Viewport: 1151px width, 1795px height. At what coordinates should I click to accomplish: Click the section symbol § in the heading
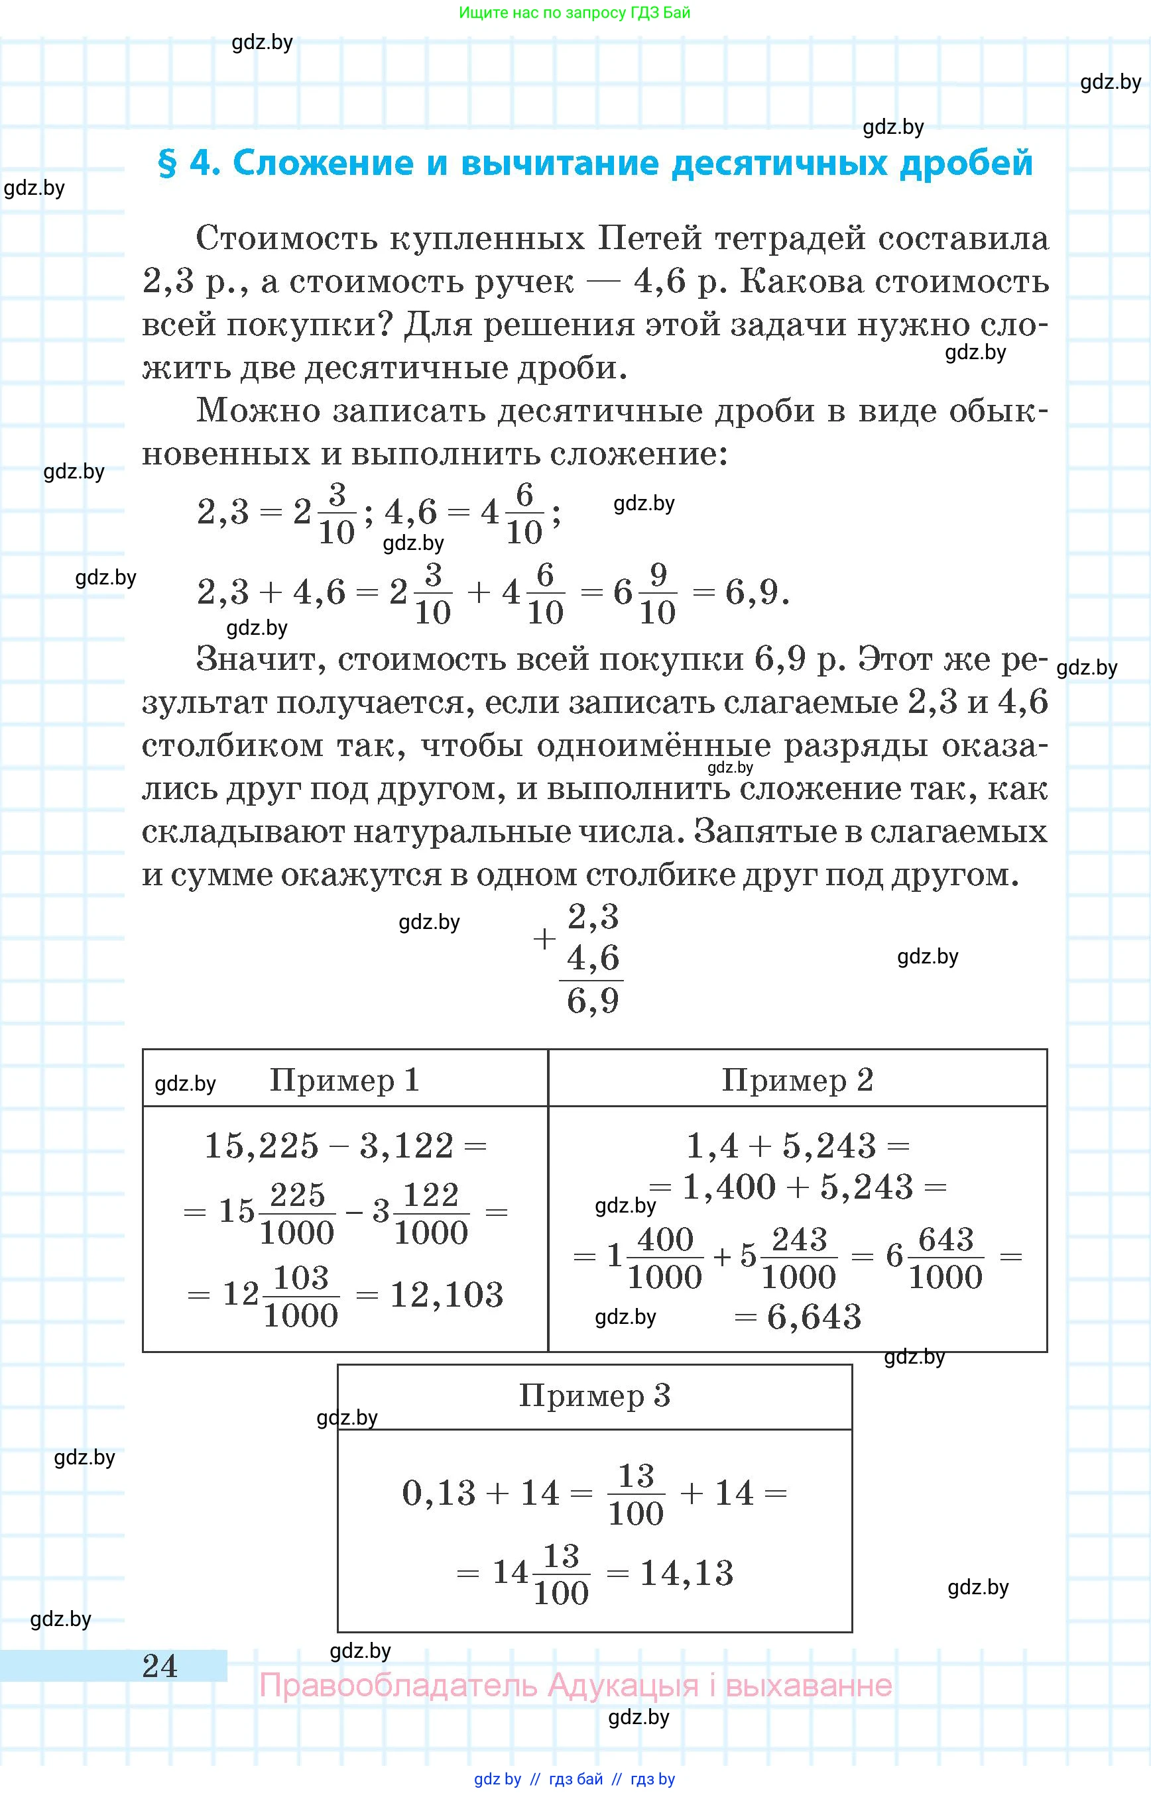pyautogui.click(x=168, y=164)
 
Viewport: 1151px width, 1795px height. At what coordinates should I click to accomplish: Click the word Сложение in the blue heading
pyautogui.click(x=322, y=162)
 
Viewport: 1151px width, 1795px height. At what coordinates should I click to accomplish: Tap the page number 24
pyautogui.click(x=160, y=1665)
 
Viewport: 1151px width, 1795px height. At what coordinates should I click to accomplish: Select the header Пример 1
pyautogui.click(x=344, y=1080)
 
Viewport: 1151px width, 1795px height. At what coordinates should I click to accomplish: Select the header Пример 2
pyautogui.click(x=797, y=1080)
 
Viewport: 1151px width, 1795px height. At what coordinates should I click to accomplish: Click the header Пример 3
pyautogui.click(x=594, y=1395)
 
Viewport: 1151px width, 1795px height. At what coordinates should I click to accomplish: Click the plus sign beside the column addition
pyautogui.click(x=545, y=939)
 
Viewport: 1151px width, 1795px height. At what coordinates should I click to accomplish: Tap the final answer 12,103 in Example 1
pyautogui.click(x=446, y=1295)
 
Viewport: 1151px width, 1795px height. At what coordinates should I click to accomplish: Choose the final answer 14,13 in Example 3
pyautogui.click(x=686, y=1572)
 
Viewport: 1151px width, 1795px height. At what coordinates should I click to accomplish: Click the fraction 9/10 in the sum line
pyautogui.click(x=658, y=594)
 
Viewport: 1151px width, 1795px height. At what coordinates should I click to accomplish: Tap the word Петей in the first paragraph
pyautogui.click(x=650, y=239)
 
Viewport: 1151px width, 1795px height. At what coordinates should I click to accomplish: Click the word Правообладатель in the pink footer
pyautogui.click(x=398, y=1686)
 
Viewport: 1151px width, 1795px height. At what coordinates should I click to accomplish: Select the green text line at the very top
pyautogui.click(x=574, y=13)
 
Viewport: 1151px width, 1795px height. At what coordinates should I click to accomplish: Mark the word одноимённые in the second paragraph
pyautogui.click(x=653, y=745)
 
